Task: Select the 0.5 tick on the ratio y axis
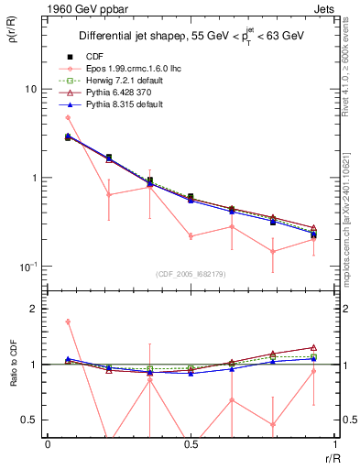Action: [31, 420]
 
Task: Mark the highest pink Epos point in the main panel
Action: [68, 117]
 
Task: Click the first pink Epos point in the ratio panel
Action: [68, 322]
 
